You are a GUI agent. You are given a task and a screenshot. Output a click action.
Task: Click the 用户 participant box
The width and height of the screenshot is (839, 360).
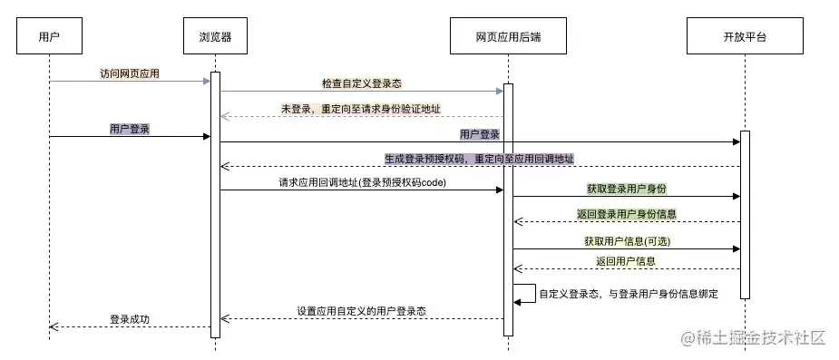pos(49,36)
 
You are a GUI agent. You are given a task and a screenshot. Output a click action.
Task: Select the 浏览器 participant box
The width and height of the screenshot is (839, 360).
pos(215,36)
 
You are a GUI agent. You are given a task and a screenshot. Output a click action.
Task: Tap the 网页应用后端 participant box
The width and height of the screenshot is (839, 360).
pos(508,36)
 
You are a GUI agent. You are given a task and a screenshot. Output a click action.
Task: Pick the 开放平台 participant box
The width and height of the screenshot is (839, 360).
pos(745,36)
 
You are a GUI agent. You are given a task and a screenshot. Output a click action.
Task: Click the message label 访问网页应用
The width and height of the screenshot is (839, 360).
pos(130,73)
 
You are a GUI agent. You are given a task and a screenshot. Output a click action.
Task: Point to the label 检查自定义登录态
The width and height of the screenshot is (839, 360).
pos(362,83)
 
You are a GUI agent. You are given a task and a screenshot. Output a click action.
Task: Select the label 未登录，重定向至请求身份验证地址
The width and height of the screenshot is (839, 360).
pos(361,109)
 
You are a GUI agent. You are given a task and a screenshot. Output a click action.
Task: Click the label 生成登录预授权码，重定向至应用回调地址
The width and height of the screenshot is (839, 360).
pos(480,159)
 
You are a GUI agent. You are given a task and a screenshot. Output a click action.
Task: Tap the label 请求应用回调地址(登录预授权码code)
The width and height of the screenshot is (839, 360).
pos(362,182)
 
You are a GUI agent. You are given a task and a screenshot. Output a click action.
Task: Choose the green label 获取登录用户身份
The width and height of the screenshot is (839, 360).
pos(627,189)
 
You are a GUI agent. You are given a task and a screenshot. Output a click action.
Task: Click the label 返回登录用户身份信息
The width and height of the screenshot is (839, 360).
pos(627,214)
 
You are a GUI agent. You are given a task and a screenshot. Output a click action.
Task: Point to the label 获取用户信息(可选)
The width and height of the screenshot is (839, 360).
pos(627,241)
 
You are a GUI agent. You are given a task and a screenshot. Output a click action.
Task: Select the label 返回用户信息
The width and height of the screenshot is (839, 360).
pos(626,261)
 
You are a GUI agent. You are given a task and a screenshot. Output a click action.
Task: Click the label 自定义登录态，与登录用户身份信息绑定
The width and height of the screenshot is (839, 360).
pos(629,294)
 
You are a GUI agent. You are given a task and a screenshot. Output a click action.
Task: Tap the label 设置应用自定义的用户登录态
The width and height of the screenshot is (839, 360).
pos(362,311)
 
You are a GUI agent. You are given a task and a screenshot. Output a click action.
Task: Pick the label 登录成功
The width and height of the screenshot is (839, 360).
pos(130,319)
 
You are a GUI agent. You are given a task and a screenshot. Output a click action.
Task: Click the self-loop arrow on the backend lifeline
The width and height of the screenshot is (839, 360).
pos(535,294)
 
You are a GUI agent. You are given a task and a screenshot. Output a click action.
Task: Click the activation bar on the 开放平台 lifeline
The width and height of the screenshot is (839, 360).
pos(745,215)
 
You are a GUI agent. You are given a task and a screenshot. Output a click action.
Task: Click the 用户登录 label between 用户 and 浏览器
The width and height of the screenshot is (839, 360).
pos(129,129)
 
